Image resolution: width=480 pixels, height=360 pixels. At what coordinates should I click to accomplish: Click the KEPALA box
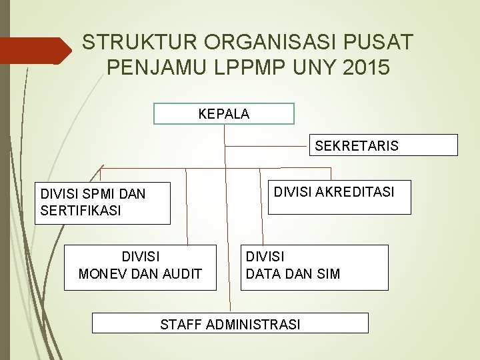pos(224,113)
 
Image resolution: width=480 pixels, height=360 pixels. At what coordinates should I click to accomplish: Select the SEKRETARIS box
pos(383,145)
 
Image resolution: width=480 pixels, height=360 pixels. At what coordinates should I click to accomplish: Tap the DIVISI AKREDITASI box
pos(339,197)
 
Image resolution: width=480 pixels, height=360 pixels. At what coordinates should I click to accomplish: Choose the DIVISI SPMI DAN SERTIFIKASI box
pos(102,203)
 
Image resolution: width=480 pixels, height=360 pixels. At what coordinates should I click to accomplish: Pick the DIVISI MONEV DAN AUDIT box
pos(140,267)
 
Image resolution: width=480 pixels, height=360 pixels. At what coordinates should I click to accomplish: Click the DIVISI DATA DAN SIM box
pos(314,267)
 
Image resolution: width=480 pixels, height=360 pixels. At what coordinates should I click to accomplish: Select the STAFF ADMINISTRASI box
pos(230,324)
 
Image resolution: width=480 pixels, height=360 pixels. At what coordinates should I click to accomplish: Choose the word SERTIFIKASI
pos(81,210)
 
